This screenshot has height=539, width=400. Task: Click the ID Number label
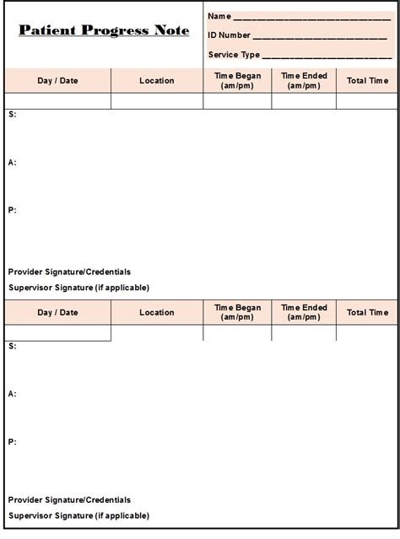pos(229,35)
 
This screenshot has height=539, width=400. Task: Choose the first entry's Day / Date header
pos(57,80)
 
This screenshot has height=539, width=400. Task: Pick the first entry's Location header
pos(157,80)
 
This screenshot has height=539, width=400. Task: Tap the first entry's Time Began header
pos(237,80)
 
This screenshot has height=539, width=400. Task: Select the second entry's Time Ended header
pos(304,312)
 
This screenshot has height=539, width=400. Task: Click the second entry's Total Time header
pos(367,312)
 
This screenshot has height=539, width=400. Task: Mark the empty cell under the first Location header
pos(157,101)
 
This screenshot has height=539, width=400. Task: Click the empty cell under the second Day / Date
pos(57,333)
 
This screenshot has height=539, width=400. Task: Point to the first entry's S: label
pos(12,114)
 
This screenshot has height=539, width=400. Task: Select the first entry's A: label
pos(12,162)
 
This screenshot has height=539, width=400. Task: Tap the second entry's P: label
pos(12,441)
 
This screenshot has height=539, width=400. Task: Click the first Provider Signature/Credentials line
pos(69,272)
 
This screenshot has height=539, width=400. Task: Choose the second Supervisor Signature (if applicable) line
pos(78,515)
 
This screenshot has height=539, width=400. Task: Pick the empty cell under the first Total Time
pos(367,101)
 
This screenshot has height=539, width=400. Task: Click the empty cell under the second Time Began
pos(237,333)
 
